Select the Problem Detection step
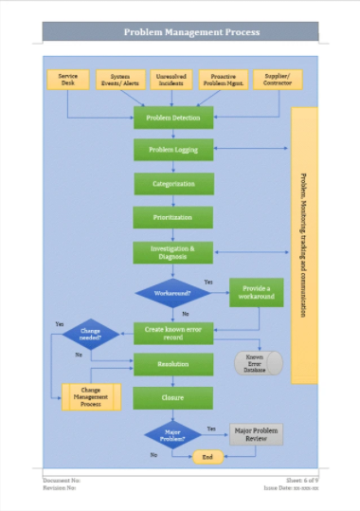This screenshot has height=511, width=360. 172,118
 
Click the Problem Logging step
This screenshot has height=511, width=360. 172,149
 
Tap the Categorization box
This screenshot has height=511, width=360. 172,183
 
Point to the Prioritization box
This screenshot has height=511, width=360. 172,217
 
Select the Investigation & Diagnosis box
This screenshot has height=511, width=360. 172,252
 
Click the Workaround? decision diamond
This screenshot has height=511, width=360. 172,294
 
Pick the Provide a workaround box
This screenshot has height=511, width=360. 256,292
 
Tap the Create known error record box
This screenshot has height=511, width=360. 172,333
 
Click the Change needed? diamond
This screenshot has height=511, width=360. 91,334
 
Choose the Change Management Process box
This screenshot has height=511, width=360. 91,396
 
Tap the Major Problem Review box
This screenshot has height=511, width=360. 256,434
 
